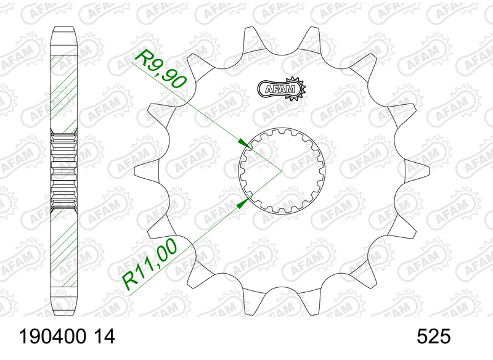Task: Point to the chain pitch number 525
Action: tap(434, 337)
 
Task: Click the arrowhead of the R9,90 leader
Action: tap(248, 145)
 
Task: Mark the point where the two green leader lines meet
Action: tap(282, 168)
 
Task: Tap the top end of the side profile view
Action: tap(64, 29)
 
